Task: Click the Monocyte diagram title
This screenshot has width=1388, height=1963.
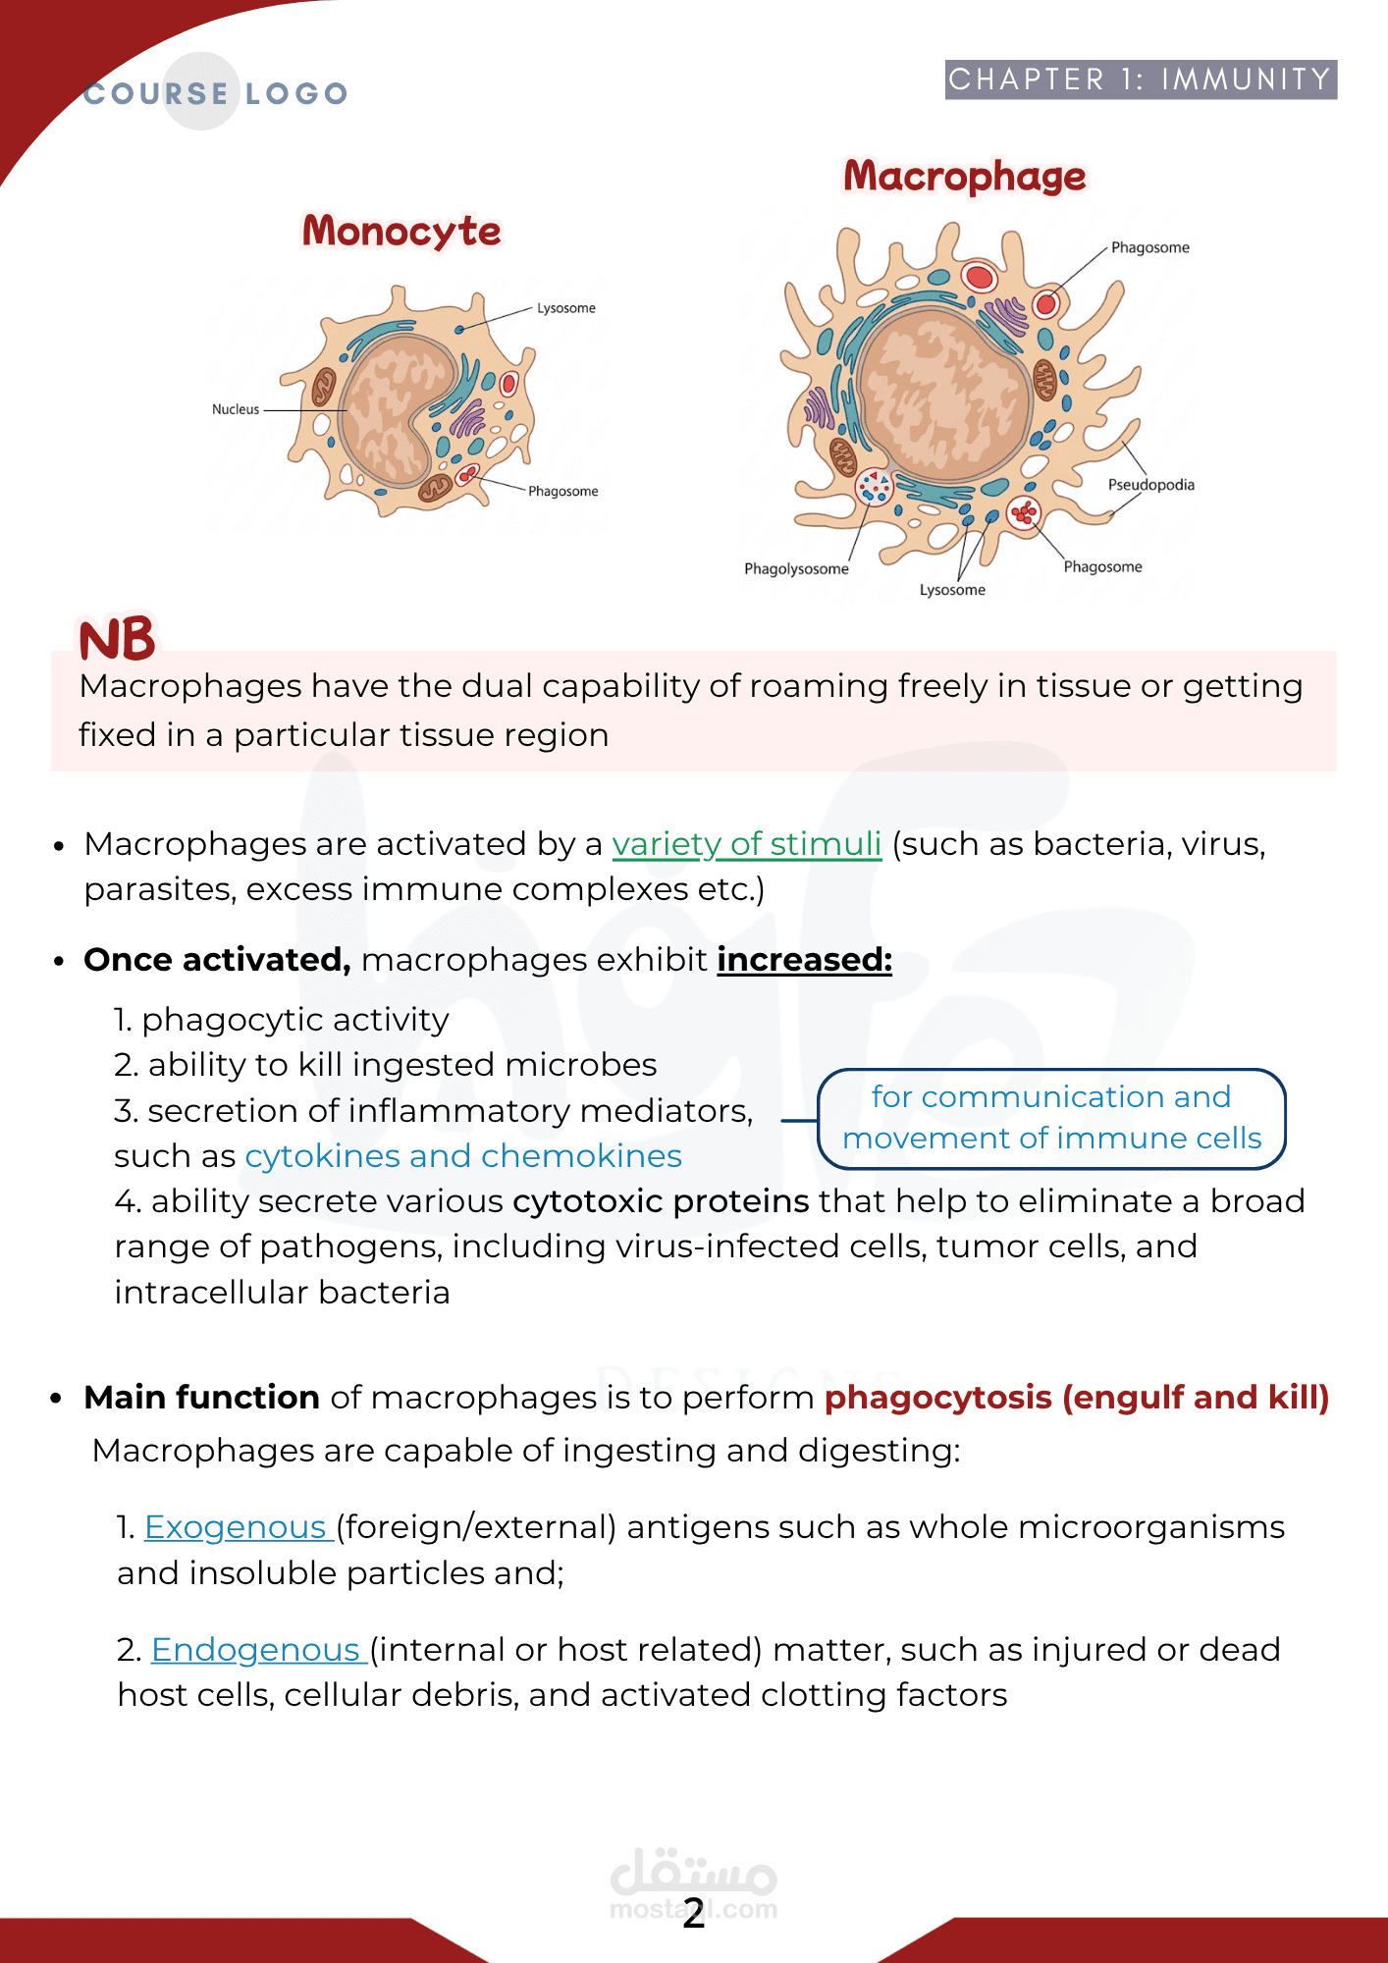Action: (401, 232)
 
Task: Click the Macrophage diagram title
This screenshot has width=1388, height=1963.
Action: (965, 177)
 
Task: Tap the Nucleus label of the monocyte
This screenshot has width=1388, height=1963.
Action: (236, 409)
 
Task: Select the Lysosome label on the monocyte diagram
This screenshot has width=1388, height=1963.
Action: (566, 308)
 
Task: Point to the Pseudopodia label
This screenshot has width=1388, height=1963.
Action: (1150, 485)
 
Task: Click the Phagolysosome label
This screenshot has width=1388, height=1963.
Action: (796, 569)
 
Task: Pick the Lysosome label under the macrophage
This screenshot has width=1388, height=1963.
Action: (952, 590)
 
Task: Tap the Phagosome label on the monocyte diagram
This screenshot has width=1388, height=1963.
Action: (563, 492)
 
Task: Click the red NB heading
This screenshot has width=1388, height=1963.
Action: (117, 640)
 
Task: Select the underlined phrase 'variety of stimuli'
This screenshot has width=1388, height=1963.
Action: (746, 844)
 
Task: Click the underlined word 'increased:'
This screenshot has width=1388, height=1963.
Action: (804, 960)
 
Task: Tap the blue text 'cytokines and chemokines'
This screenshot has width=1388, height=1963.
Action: (463, 1156)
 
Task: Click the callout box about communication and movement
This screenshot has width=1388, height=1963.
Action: (1051, 1118)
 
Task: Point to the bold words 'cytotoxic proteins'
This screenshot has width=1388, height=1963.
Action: (661, 1201)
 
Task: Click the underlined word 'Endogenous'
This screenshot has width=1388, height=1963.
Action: (257, 1650)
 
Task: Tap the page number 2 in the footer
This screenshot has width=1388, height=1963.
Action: (694, 1913)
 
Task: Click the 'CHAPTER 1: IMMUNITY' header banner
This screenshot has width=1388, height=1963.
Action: (1141, 80)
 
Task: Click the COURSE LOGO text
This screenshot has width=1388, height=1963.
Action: (216, 93)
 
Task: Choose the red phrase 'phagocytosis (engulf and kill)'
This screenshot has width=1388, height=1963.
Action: (1076, 1398)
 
